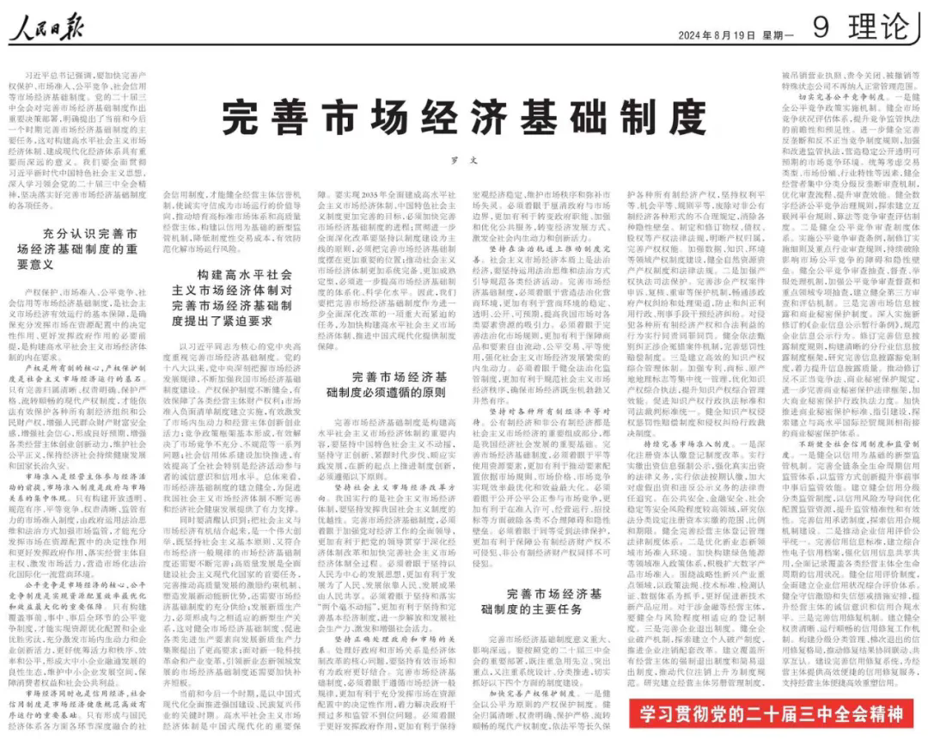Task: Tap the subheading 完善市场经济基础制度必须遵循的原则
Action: [387, 385]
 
